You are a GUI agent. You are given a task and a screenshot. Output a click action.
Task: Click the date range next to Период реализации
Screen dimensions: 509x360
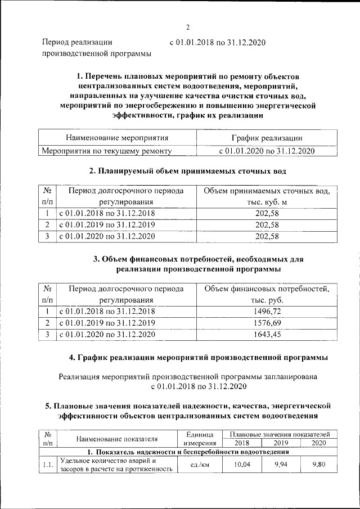pos(217,42)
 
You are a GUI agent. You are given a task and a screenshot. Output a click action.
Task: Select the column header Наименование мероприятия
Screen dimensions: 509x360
pos(117,137)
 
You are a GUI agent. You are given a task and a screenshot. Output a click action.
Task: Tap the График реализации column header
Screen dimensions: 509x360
pos(267,137)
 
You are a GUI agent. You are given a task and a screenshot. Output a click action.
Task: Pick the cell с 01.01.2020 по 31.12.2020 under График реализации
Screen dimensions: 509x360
pos(267,151)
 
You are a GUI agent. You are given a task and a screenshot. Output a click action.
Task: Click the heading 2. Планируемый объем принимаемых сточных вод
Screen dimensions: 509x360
pos(188,170)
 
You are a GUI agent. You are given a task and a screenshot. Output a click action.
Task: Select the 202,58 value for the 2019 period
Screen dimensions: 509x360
pos(267,225)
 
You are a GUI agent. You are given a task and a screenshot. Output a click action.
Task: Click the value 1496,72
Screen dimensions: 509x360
pos(267,310)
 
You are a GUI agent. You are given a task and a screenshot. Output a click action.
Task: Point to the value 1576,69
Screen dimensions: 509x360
pos(267,322)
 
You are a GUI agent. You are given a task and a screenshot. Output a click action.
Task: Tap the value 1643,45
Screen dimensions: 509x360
pos(267,335)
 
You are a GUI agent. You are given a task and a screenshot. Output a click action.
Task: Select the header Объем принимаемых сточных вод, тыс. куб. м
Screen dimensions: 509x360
pos(267,196)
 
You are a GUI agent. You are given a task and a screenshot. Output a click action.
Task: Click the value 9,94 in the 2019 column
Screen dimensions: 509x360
pos(280,465)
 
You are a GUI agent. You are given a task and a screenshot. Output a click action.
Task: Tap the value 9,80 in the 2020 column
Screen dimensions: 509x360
pos(318,465)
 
